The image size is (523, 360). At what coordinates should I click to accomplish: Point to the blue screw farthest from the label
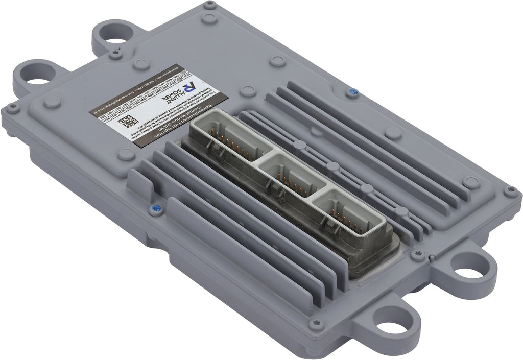click(351, 92)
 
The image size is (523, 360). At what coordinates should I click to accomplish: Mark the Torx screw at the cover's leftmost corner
click(12, 107)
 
